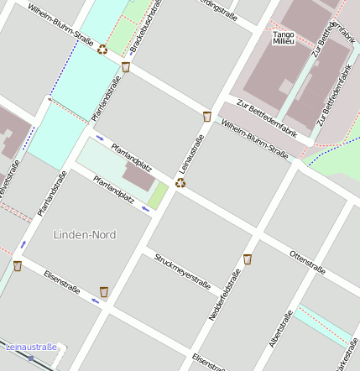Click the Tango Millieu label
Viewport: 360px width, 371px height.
(284, 37)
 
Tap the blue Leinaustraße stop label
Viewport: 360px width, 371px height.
(31, 347)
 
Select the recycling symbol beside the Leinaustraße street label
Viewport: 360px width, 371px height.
(180, 182)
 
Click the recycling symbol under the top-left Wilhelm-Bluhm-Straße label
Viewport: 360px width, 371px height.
(102, 49)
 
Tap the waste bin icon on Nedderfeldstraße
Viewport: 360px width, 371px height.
(248, 259)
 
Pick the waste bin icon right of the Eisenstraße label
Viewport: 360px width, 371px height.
(104, 291)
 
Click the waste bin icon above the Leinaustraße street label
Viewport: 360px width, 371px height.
(206, 116)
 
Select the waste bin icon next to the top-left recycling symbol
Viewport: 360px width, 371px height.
(126, 66)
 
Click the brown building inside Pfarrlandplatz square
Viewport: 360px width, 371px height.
(139, 177)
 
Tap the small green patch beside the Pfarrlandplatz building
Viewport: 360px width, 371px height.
(158, 196)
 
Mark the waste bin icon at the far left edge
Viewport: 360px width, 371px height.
(17, 266)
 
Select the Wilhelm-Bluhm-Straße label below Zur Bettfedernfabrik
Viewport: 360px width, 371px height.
(254, 140)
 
